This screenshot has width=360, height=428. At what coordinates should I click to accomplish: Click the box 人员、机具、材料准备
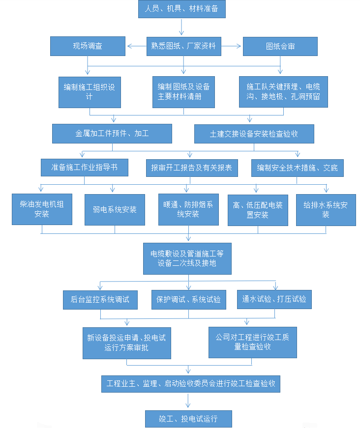pos(181,9)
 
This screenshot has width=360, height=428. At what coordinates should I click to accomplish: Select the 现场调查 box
pos(88,46)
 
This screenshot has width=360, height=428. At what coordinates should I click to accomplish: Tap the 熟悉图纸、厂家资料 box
pos(183,46)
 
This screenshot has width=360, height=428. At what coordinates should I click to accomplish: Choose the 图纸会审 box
pos(280,46)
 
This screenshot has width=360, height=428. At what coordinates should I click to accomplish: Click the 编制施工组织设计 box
pos(89,91)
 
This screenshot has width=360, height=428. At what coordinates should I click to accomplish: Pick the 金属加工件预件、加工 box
pos(112,133)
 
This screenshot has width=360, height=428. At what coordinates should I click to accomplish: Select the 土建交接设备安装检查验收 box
pos(254,134)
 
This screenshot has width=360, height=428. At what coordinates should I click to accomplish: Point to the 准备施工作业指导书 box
pos(85,168)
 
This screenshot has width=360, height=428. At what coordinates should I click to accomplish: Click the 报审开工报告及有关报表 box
pos(191,168)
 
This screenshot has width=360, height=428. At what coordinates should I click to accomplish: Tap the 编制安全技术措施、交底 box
pos(297,168)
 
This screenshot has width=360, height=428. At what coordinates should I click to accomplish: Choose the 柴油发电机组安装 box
pos(42,209)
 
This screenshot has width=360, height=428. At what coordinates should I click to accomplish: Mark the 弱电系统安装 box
pos(115,210)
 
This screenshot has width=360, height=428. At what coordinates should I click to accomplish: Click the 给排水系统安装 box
pos(326,210)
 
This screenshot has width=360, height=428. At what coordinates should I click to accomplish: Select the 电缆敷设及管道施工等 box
pos(187,258)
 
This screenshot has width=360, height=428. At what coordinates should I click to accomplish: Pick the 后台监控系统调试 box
pos(100,299)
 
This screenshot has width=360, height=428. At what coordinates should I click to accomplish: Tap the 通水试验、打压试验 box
pos(274,299)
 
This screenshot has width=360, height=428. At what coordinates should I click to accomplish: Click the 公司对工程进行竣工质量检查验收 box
pos(252,342)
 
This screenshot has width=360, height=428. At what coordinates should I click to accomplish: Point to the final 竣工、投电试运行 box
pos(188,419)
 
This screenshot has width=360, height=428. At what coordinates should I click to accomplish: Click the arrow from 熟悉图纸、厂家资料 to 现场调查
pos(137,47)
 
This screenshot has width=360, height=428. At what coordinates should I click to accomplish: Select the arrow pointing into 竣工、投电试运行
pos(188,401)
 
